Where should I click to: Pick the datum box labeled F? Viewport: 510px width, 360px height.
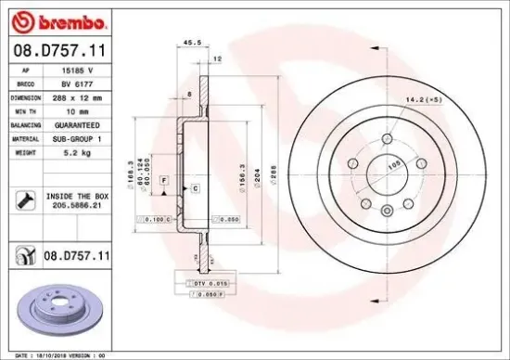(163, 178)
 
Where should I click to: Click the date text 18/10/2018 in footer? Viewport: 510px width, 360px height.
(46, 354)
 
